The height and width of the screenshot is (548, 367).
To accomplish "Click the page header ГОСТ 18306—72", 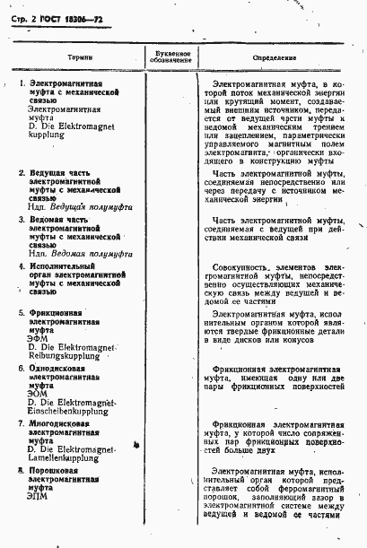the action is tap(66, 19).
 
